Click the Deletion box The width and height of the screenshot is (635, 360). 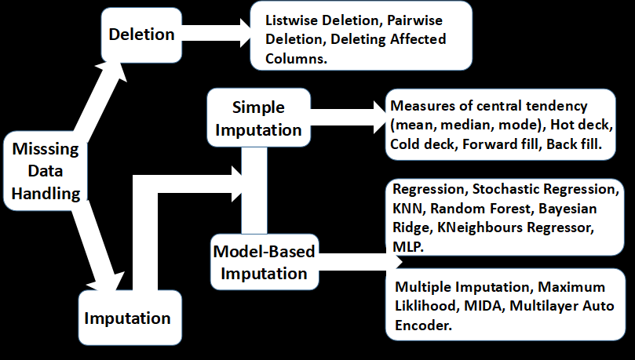pos(143,35)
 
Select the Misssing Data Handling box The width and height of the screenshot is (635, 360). pos(46,170)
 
